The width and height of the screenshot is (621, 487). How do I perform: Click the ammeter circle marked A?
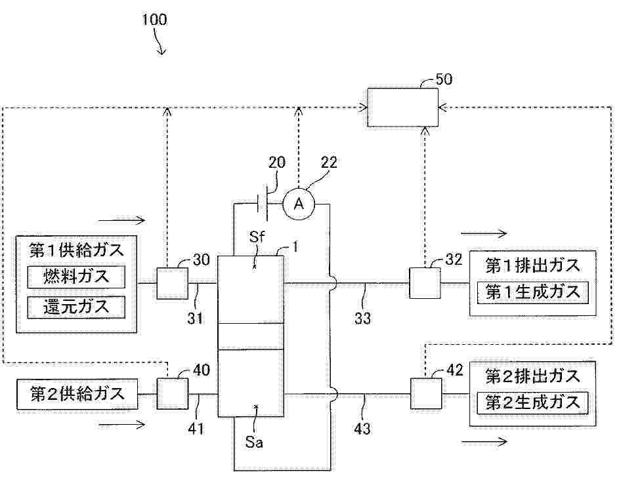[299, 205]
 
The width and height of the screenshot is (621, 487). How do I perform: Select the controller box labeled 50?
[402, 107]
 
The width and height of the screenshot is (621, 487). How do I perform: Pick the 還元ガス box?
[76, 305]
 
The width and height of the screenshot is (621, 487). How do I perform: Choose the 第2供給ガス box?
[77, 395]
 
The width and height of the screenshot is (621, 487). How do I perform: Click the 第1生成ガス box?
[532, 292]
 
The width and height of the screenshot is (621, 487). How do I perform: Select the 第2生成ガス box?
[532, 401]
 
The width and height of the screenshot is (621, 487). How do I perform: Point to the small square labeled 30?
[171, 283]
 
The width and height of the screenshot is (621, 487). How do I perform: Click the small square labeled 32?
[424, 283]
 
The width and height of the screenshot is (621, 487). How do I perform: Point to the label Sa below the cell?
[255, 442]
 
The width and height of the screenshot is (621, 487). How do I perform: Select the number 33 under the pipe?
[362, 319]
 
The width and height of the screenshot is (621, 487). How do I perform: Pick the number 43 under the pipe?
[362, 429]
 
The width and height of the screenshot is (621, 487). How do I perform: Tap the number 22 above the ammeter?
[329, 163]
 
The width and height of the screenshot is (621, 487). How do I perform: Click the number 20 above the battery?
[277, 163]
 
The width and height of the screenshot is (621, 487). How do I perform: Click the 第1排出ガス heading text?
[532, 266]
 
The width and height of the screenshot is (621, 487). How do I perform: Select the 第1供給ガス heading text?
[76, 250]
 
